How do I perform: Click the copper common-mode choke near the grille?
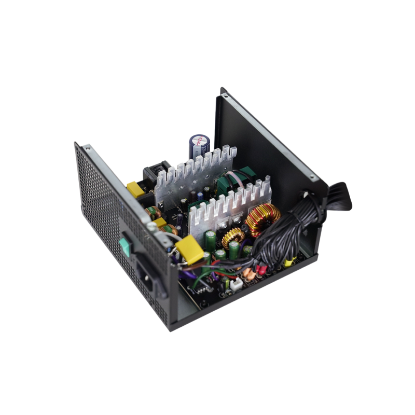[x=154, y=213]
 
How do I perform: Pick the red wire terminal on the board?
[x=261, y=269]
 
